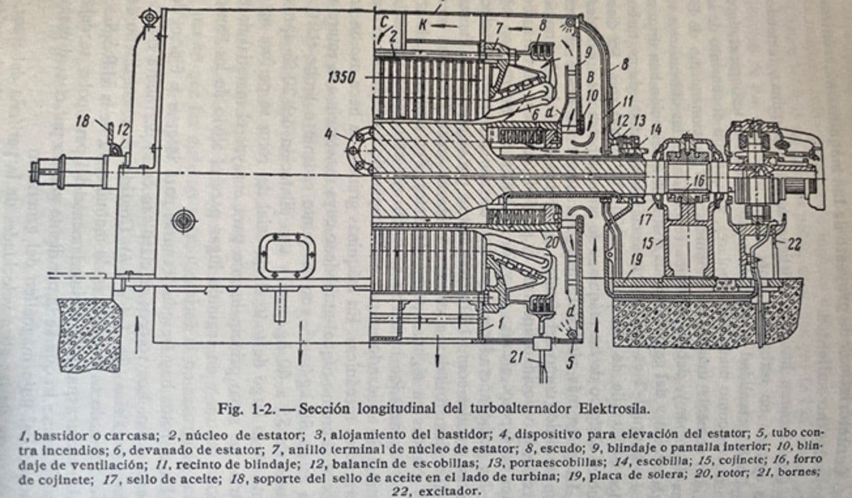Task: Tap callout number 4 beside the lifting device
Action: (x=328, y=134)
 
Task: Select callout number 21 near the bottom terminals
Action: (x=516, y=357)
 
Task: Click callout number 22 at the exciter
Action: (x=794, y=245)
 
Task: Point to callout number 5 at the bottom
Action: (x=571, y=363)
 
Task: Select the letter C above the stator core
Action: (x=383, y=21)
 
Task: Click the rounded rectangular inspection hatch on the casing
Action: (x=287, y=256)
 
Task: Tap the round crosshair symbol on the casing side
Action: (x=183, y=220)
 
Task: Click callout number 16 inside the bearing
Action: (x=698, y=181)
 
